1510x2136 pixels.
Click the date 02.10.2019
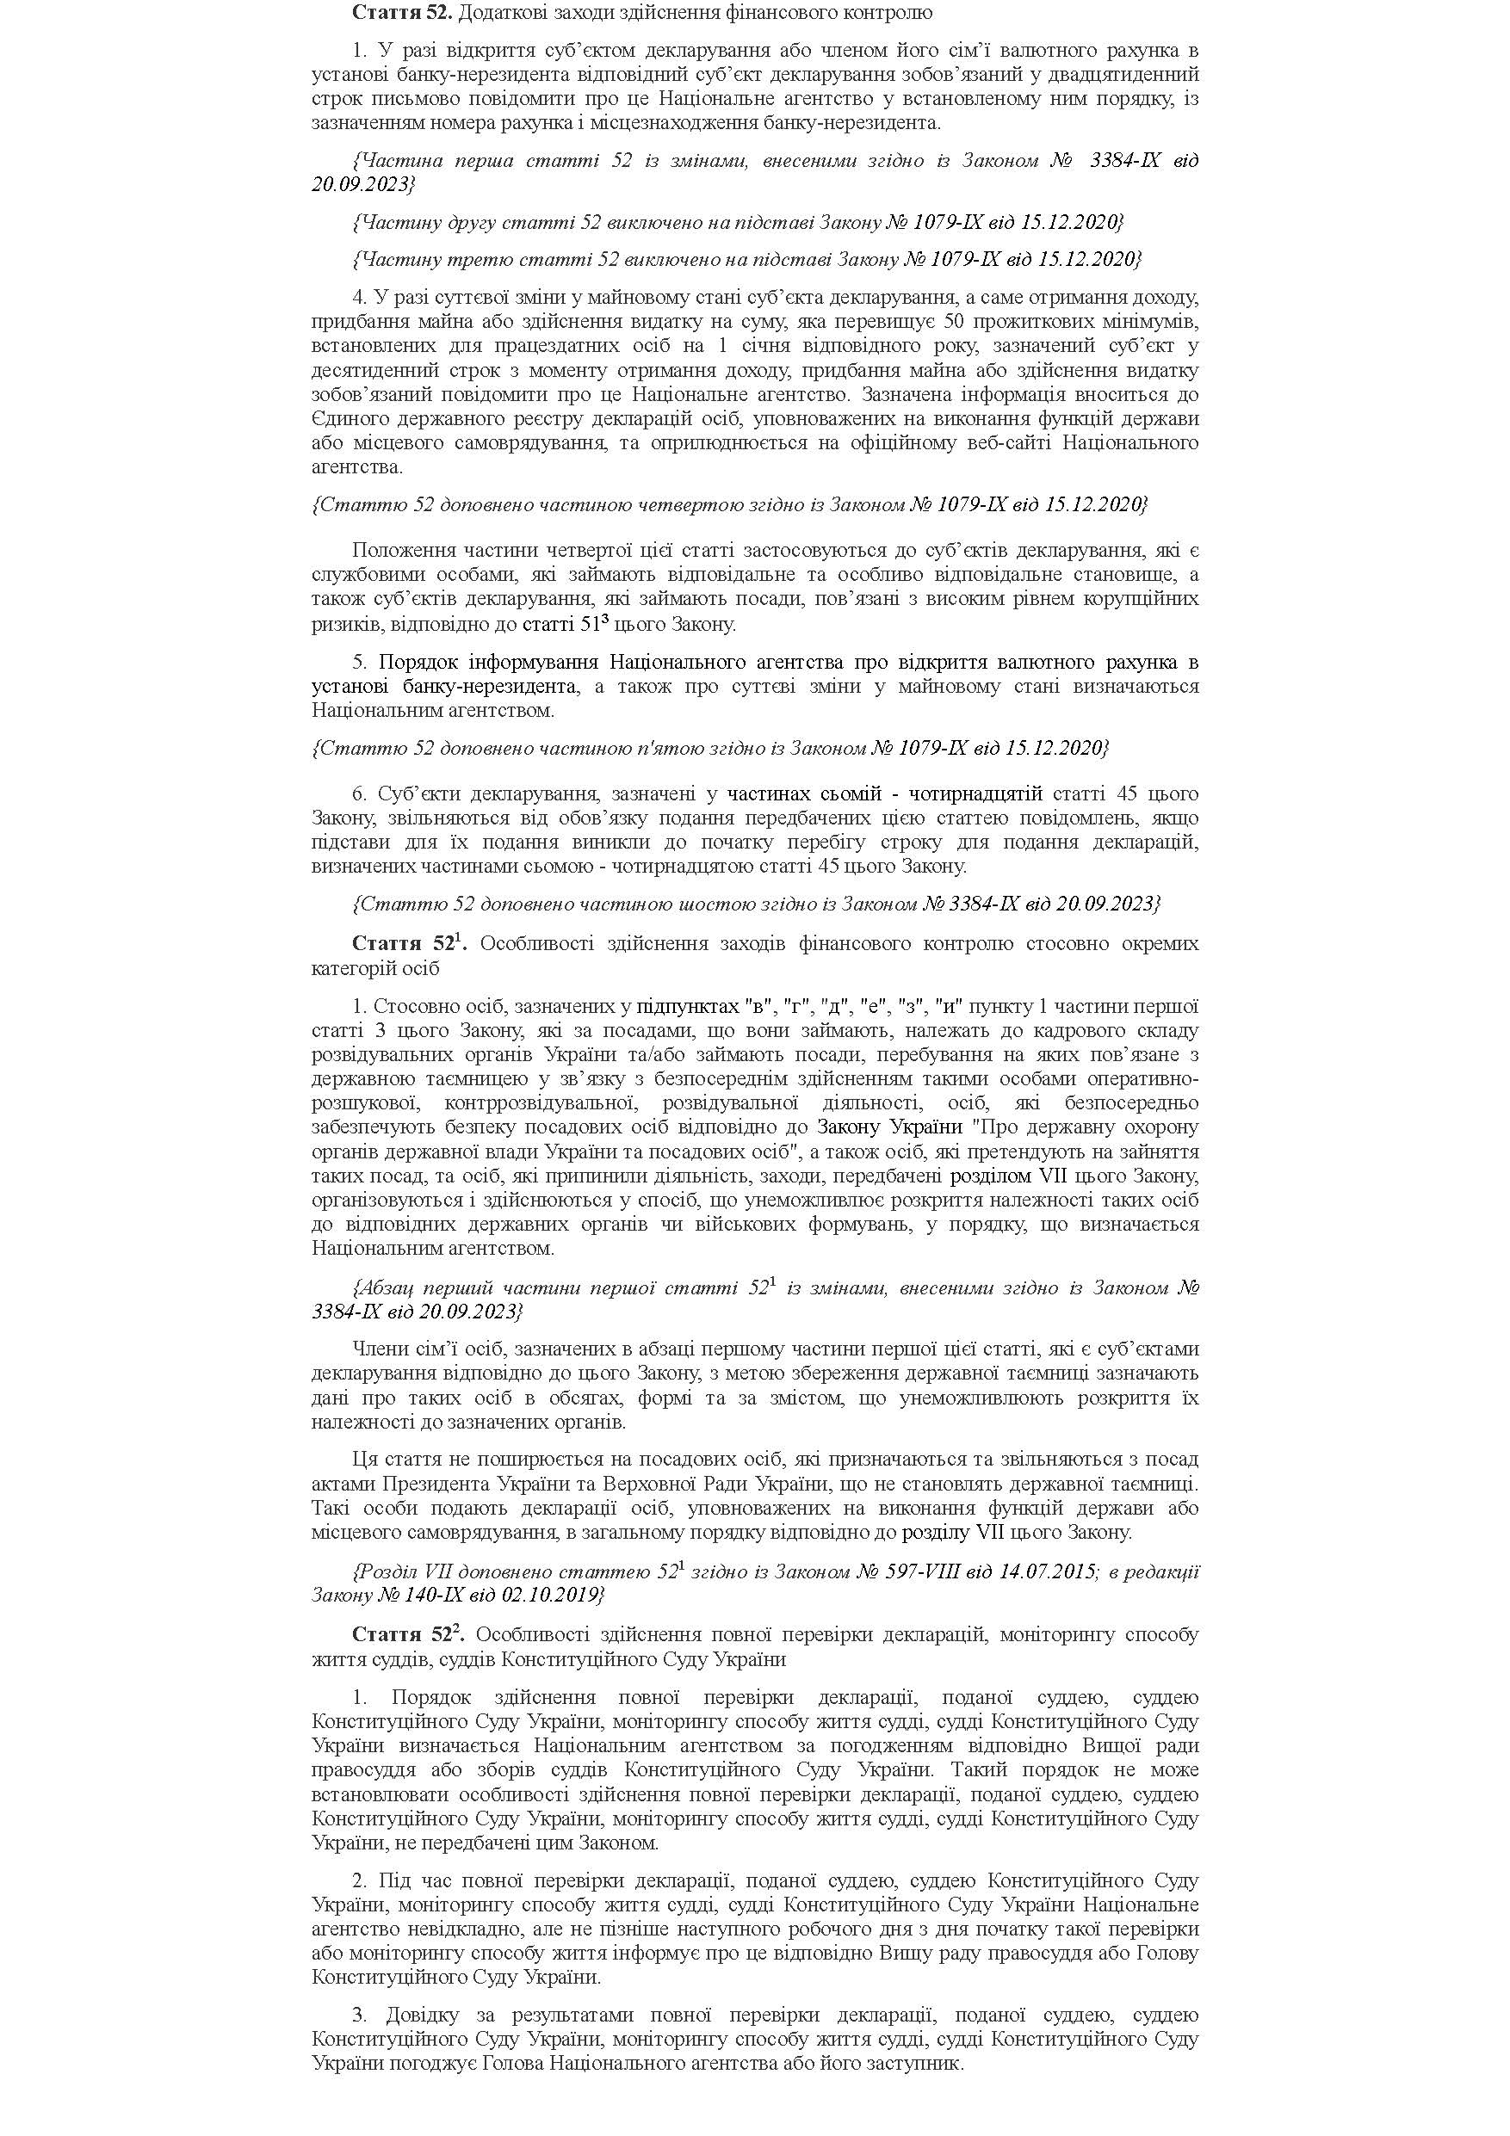tap(556, 1596)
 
